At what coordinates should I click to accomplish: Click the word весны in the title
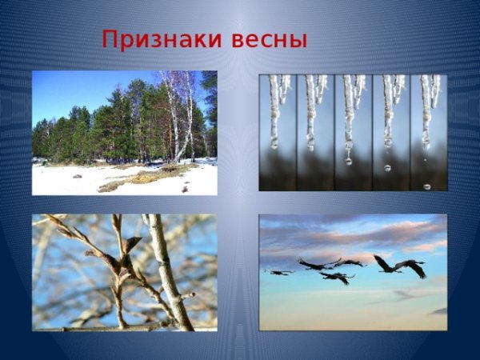point(269,40)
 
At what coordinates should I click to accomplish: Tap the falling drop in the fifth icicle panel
point(426,186)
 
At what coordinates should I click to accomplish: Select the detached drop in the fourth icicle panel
point(388,168)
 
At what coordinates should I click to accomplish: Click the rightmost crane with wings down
point(414,267)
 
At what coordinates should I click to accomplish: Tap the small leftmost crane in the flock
point(278,272)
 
